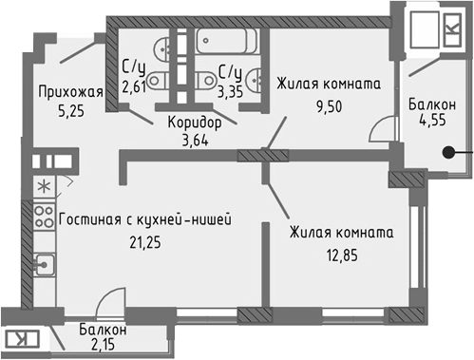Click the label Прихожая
click(69, 92)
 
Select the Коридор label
click(195, 123)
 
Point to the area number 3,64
click(195, 141)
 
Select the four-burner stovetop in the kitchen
click(44, 216)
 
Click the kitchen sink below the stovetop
click(42, 263)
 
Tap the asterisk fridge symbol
click(44, 183)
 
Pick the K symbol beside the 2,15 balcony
click(19, 339)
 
